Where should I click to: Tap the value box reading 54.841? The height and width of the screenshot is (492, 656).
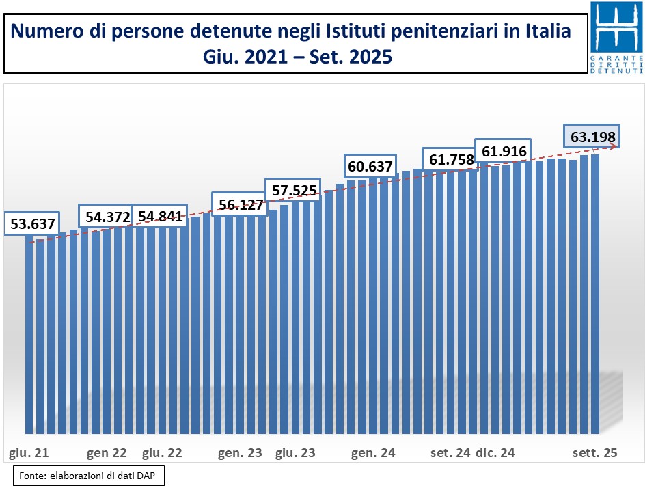tap(161, 217)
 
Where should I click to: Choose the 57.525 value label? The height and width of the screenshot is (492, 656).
tap(294, 190)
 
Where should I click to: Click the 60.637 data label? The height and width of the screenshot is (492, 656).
tap(370, 165)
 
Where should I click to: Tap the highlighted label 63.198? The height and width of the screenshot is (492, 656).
tap(592, 137)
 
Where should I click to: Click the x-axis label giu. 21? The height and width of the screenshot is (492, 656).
tap(28, 453)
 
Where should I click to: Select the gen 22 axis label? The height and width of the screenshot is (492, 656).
tap(108, 453)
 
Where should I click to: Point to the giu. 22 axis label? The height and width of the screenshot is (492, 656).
tap(161, 453)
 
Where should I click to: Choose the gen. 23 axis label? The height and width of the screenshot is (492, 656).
tap(239, 453)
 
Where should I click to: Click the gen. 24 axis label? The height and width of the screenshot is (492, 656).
tap(373, 453)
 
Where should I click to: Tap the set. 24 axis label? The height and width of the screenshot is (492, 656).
tap(450, 453)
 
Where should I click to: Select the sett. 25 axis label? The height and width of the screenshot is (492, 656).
tap(594, 453)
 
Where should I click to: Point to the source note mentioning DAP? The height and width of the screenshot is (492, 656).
tap(88, 476)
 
